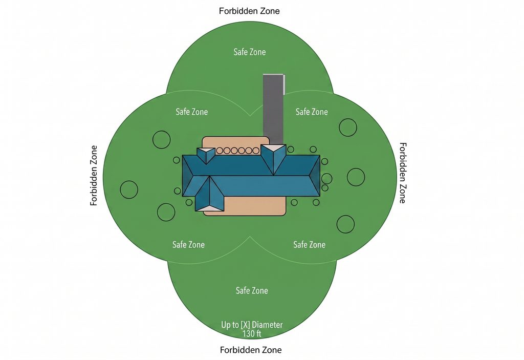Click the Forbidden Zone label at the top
pyautogui.click(x=249, y=11)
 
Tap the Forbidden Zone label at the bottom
pyautogui.click(x=251, y=350)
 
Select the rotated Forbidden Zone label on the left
pyautogui.click(x=94, y=175)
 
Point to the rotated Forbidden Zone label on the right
pyautogui.click(x=403, y=173)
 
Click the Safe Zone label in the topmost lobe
pyautogui.click(x=250, y=52)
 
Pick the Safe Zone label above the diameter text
pyautogui.click(x=252, y=290)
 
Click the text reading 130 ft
pyautogui.click(x=252, y=333)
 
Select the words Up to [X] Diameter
pyautogui.click(x=252, y=325)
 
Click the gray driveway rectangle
pyautogui.click(x=273, y=110)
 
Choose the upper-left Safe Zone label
pyautogui.click(x=192, y=112)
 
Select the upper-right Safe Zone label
pyautogui.click(x=312, y=112)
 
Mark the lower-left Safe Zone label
pyautogui.click(x=188, y=245)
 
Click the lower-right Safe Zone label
pyautogui.click(x=310, y=245)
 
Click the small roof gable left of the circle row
pyautogui.click(x=206, y=155)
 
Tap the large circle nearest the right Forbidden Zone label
pyautogui.click(x=356, y=177)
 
